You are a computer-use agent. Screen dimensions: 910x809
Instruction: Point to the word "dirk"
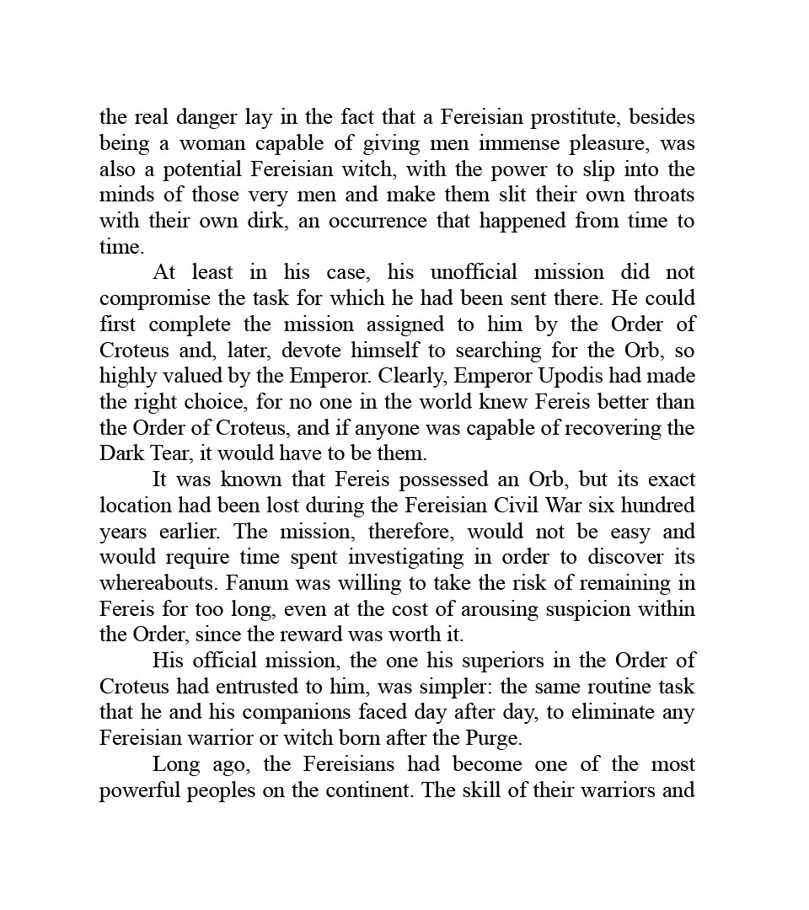tap(259, 222)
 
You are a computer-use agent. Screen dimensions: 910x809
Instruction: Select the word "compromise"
tap(154, 299)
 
